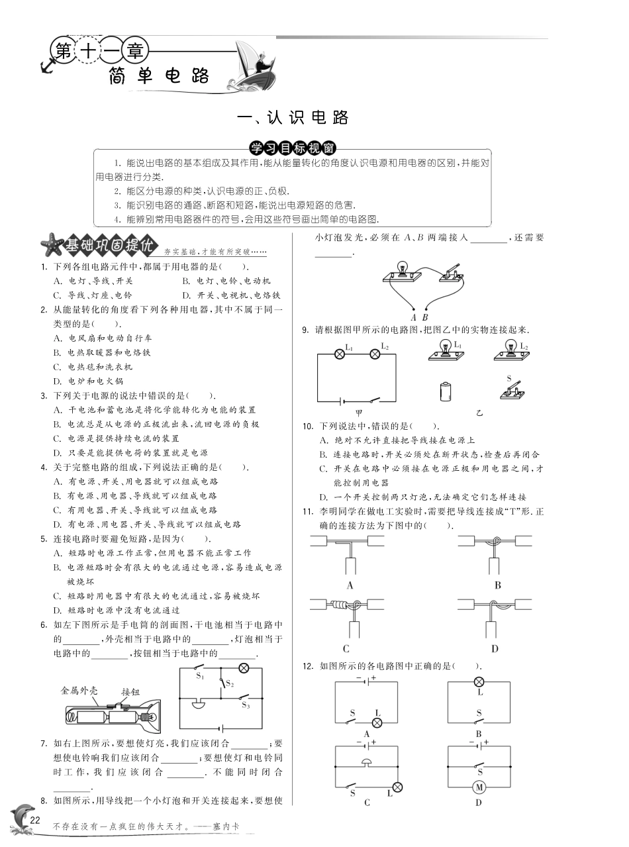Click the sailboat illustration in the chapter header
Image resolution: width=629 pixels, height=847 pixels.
(x=254, y=65)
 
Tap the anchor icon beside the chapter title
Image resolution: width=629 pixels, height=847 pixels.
(x=46, y=66)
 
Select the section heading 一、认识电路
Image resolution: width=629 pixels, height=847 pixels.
(x=293, y=118)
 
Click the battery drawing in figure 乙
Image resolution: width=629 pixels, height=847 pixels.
(x=445, y=391)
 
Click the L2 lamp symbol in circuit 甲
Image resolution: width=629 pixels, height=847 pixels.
(x=374, y=354)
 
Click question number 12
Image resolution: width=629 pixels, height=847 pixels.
(x=307, y=666)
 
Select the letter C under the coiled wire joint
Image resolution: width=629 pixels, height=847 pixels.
(x=346, y=649)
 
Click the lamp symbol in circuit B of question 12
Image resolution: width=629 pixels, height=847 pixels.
(x=479, y=682)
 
